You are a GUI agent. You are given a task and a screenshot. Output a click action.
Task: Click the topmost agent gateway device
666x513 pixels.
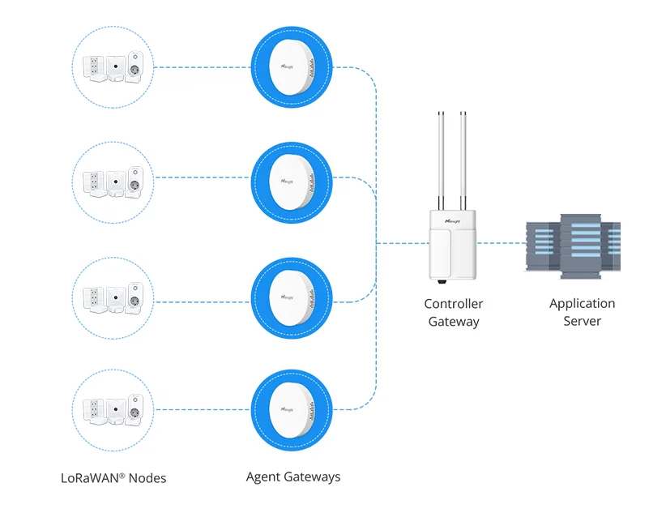coord(292,67)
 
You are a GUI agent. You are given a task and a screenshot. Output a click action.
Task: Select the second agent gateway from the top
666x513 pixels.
coord(292,177)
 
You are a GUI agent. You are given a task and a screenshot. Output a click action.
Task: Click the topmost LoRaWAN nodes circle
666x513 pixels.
coord(112,67)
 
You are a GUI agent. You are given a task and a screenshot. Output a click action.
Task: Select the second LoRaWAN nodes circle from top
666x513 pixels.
coord(112,178)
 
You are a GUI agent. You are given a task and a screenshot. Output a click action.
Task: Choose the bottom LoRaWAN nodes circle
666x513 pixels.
coord(112,408)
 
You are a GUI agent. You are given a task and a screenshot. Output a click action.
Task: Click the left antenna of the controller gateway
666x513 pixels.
coord(442,158)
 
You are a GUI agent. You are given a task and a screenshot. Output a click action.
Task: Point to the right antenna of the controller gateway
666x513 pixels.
coord(465,158)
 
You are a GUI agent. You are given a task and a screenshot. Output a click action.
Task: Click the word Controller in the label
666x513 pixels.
coord(453,304)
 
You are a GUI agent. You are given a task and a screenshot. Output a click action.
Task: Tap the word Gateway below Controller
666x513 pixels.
coord(453,322)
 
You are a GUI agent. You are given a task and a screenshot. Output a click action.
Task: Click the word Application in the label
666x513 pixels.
coord(582,304)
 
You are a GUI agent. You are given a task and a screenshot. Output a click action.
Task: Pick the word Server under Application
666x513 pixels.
coord(582,322)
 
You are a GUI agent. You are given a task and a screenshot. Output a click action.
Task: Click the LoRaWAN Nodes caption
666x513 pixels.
coord(113,478)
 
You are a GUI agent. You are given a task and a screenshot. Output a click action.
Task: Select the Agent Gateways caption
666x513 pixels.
coord(293,477)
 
